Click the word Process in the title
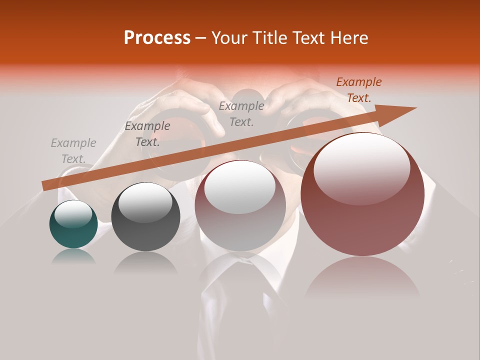tap(157, 38)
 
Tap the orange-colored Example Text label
tap(358, 90)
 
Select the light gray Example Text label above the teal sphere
tap(73, 151)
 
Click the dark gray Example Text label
tap(147, 134)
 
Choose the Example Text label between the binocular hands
tap(241, 113)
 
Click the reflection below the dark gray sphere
tap(145, 262)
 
